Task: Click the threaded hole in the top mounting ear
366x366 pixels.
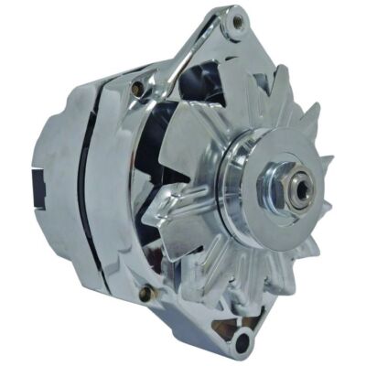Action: (239, 21)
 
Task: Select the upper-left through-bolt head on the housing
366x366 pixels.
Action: (137, 88)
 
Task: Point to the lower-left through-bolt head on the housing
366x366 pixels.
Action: (144, 293)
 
